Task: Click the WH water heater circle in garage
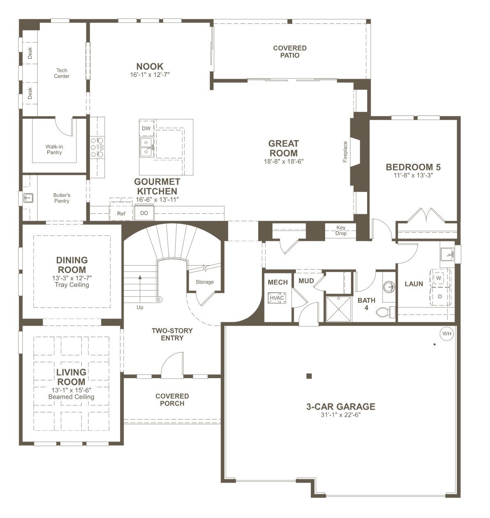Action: click(x=446, y=334)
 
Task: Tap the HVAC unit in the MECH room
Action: click(x=277, y=298)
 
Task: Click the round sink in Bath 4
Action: click(x=388, y=286)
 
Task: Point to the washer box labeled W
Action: click(x=439, y=278)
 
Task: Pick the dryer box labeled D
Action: click(x=439, y=296)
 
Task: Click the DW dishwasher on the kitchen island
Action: click(x=146, y=128)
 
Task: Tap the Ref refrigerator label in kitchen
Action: click(x=121, y=213)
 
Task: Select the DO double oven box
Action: click(x=144, y=213)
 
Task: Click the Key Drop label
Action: click(x=341, y=231)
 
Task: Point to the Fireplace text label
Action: click(x=345, y=152)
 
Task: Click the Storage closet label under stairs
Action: click(x=205, y=282)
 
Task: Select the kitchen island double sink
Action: click(x=146, y=147)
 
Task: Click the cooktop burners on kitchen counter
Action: click(x=98, y=147)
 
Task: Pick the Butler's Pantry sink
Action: click(x=28, y=198)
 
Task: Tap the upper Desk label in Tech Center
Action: click(x=30, y=53)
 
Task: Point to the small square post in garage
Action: click(x=309, y=376)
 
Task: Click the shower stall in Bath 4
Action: click(x=339, y=309)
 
